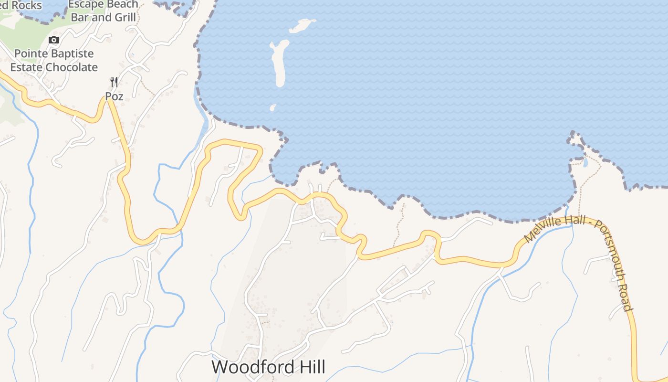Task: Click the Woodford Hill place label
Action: click(268, 367)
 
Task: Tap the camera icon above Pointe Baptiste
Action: click(54, 40)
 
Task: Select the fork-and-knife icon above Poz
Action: click(114, 82)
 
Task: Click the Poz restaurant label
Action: click(115, 96)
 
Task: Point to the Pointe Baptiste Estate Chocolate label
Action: click(54, 61)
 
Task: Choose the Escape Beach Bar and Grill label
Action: click(104, 11)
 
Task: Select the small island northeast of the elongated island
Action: click(302, 25)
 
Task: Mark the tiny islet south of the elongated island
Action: click(273, 108)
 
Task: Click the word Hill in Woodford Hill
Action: click(310, 367)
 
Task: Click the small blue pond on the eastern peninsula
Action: click(585, 162)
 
